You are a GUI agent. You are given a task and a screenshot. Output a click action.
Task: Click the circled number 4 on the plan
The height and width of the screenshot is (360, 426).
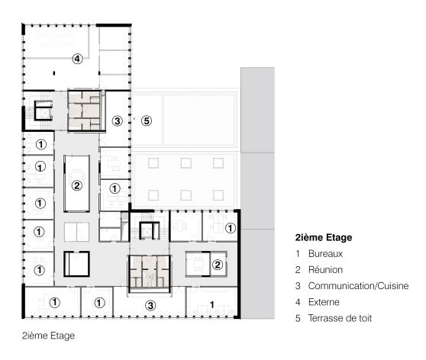point(76,58)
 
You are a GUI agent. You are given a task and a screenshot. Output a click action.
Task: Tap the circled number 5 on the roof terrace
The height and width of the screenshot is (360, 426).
point(147,121)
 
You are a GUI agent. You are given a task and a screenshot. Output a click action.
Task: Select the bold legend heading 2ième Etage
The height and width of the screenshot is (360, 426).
point(324,237)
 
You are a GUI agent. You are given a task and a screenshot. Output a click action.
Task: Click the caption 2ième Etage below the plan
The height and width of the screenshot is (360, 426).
point(48,334)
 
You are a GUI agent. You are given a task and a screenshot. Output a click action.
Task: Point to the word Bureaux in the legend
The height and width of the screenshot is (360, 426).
point(325,253)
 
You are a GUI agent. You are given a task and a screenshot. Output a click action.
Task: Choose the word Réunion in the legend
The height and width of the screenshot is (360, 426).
point(326,269)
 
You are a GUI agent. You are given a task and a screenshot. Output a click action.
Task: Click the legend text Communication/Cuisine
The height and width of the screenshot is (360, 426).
point(358,285)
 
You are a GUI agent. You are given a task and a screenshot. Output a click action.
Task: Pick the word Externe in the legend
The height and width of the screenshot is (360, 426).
point(324,301)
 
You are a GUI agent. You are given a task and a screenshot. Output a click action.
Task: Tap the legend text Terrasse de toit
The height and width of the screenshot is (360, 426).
point(340,317)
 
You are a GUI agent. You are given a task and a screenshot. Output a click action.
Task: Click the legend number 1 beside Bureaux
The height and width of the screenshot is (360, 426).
point(297,253)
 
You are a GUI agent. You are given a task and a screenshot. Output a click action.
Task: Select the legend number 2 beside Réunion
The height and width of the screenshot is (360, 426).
point(297,269)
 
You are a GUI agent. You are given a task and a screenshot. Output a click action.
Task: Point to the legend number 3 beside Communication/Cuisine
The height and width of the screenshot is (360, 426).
point(297,285)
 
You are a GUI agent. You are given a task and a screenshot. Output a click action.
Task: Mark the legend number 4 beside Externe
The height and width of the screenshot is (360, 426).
point(297,301)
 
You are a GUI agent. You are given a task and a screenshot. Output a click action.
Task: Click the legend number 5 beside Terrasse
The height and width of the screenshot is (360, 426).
point(297,317)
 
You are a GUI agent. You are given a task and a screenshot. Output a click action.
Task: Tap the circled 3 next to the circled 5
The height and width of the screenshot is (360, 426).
point(117,121)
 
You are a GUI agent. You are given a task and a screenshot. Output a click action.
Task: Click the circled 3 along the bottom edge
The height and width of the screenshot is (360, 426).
point(150,304)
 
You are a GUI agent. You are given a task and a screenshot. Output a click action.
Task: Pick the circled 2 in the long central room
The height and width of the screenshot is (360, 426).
point(76,185)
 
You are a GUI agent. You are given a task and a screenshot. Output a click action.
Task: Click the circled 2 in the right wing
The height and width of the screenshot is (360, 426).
point(217,265)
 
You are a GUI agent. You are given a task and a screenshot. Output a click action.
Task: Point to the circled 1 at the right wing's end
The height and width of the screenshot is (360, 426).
point(230,227)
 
